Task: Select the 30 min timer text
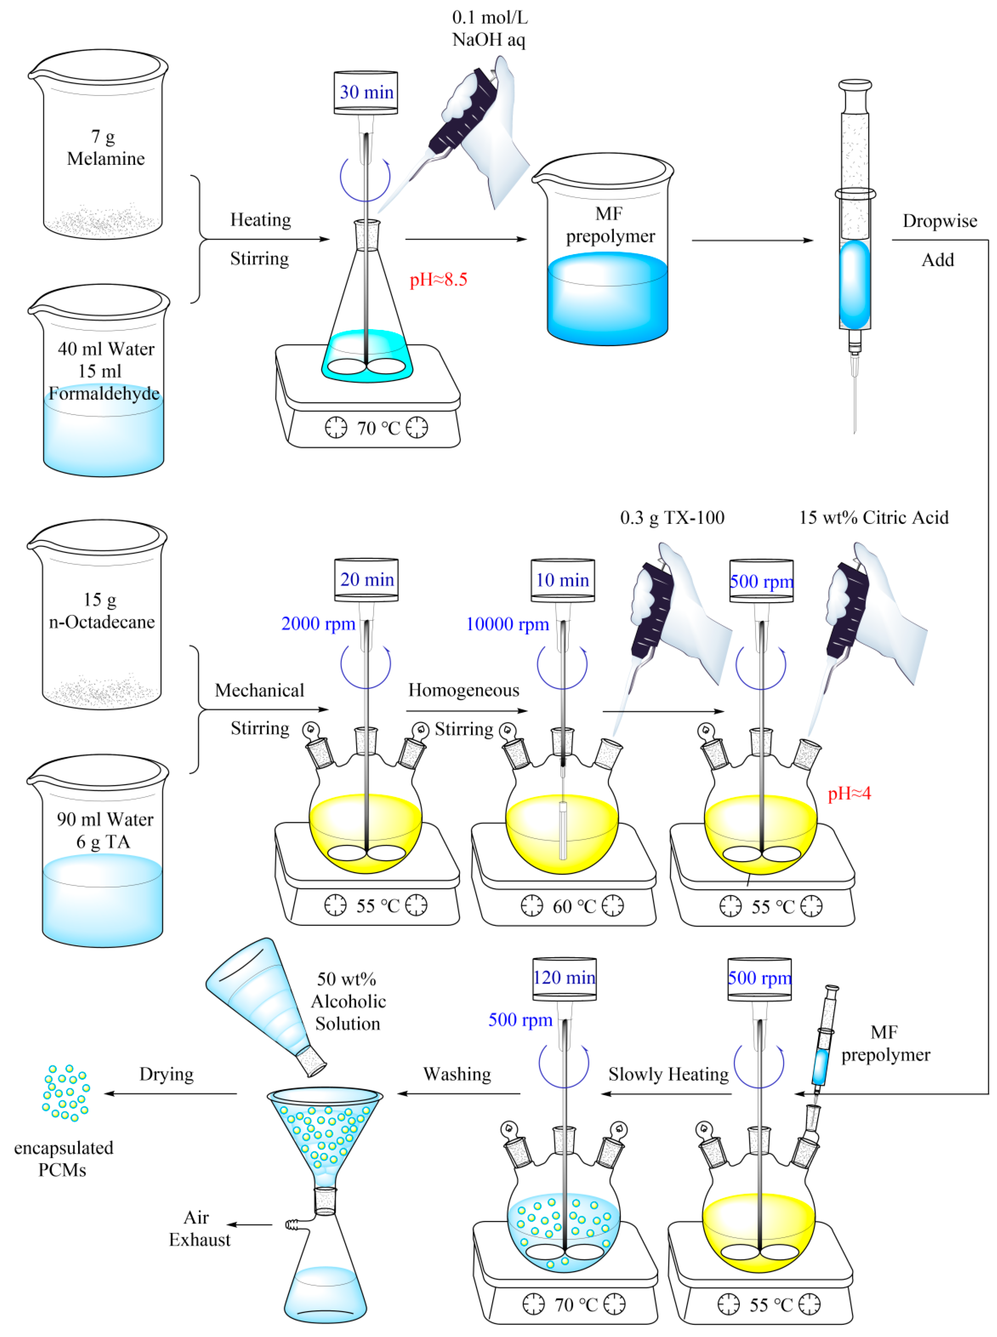[x=366, y=92]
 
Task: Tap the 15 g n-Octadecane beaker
[x=101, y=616]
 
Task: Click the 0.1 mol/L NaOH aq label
[x=489, y=28]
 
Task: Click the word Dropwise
[x=939, y=221]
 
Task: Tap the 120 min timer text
[x=564, y=977]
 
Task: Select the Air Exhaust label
[x=199, y=1228]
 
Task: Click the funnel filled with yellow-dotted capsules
[x=324, y=1135]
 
